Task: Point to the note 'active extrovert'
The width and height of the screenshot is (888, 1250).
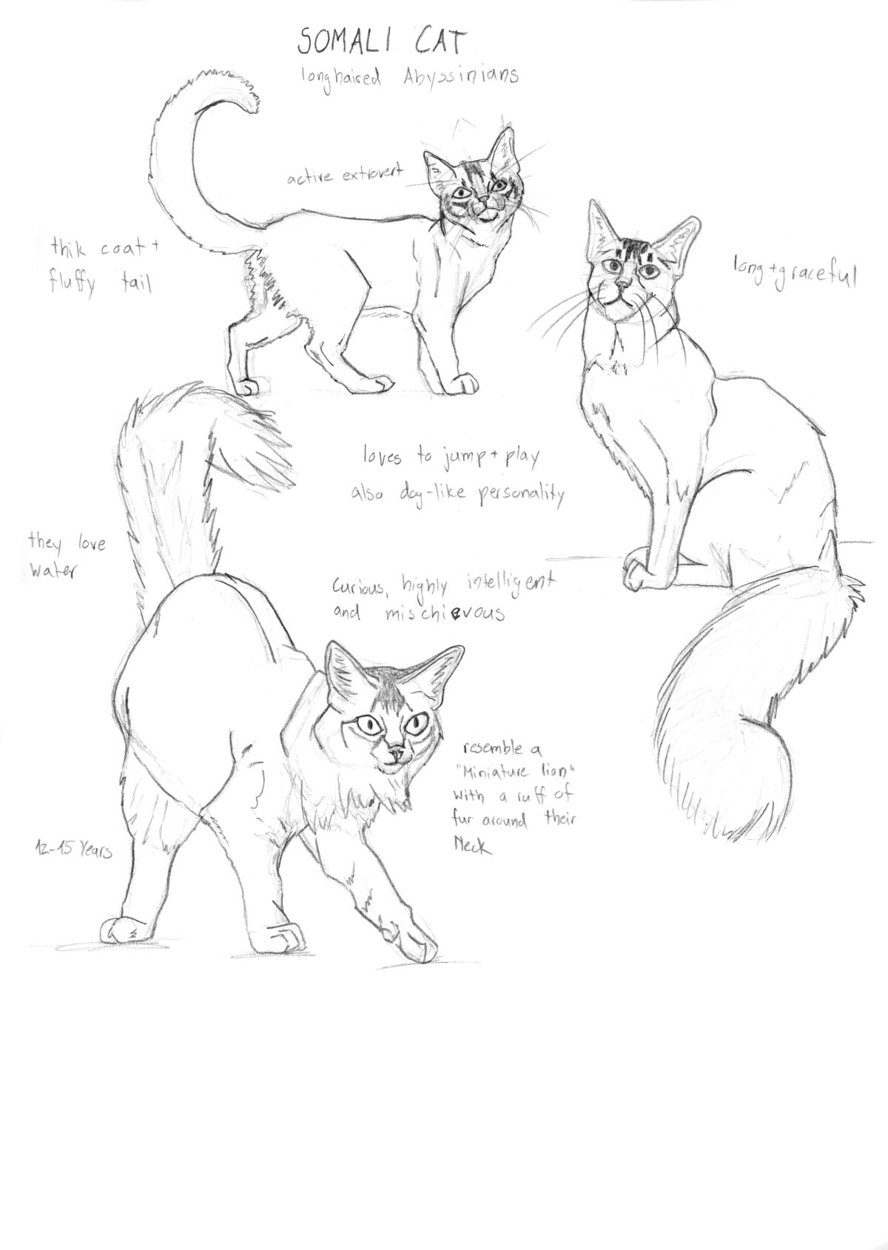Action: pyautogui.click(x=344, y=175)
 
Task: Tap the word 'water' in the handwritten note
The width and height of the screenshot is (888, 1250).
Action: pyautogui.click(x=51, y=572)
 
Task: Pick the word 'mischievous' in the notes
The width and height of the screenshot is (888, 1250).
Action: pyautogui.click(x=444, y=614)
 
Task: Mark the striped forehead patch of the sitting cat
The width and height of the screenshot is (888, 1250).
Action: pyautogui.click(x=632, y=249)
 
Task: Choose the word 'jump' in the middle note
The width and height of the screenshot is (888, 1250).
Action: pyautogui.click(x=460, y=460)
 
